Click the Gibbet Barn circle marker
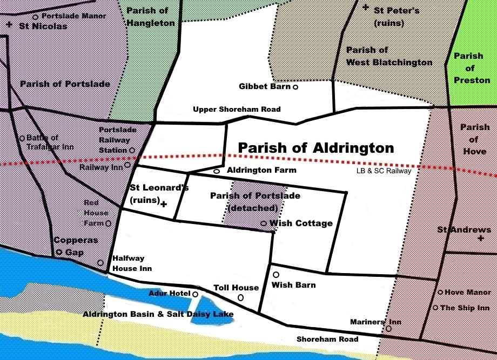pos(295,86)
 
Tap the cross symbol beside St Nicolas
pos(9,25)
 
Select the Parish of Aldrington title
pos(316,148)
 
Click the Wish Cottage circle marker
pos(263,223)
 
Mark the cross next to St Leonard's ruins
pos(163,205)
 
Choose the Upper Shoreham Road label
pos(237,110)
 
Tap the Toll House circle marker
pos(240,297)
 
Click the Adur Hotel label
pos(169,294)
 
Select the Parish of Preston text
pos(468,68)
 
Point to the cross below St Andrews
pos(480,238)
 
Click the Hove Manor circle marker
pos(440,293)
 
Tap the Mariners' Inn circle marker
pos(388,329)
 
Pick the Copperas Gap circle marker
pos(59,252)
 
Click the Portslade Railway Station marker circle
pos(131,150)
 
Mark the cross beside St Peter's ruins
pos(366,8)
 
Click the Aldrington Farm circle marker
pos(216,171)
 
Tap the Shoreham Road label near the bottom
pos(327,339)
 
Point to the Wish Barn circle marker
pos(276,275)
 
